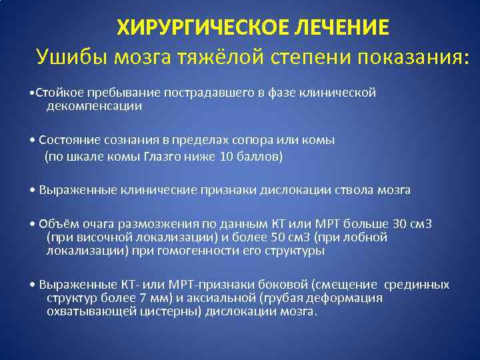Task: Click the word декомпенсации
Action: coord(93,105)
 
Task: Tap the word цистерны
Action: coord(176,311)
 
